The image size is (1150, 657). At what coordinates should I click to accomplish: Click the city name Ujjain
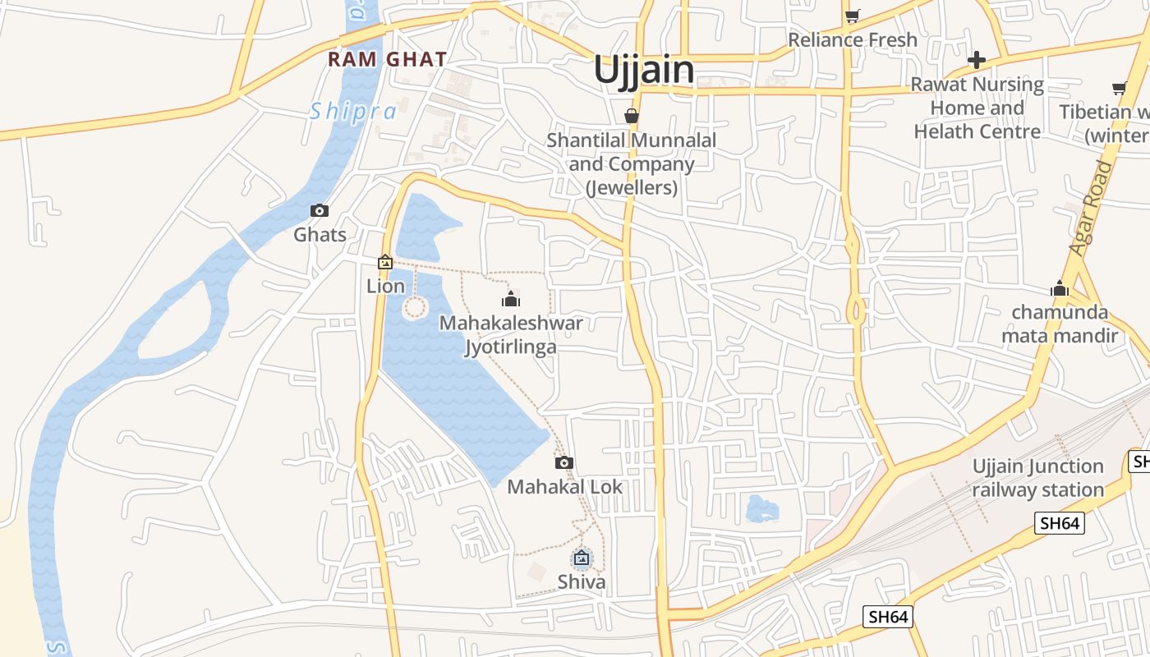point(644,70)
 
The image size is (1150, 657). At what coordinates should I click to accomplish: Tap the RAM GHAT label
point(387,59)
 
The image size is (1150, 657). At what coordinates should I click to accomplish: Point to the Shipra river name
point(352,111)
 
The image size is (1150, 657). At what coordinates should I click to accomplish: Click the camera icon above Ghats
point(320,211)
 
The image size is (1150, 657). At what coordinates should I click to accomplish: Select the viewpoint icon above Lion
point(384,262)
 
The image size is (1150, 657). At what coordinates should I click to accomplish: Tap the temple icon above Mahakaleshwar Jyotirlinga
point(511,299)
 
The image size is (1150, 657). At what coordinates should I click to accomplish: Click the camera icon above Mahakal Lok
point(563,462)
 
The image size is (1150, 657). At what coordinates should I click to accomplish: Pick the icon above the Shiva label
point(582,559)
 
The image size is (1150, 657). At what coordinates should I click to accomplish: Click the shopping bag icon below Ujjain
point(631,116)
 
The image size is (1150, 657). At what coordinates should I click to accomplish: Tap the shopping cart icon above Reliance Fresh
point(852,16)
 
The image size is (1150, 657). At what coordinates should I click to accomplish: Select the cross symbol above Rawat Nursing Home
point(976,60)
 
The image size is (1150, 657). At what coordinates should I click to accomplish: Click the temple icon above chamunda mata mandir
point(1059,288)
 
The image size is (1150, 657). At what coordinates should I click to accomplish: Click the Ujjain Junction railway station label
point(1037,478)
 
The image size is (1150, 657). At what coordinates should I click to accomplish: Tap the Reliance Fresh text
point(852,39)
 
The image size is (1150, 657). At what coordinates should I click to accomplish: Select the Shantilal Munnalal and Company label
point(631,163)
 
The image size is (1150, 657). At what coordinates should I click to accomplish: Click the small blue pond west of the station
point(761,509)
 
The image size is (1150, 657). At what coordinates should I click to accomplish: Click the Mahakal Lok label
point(564,487)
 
